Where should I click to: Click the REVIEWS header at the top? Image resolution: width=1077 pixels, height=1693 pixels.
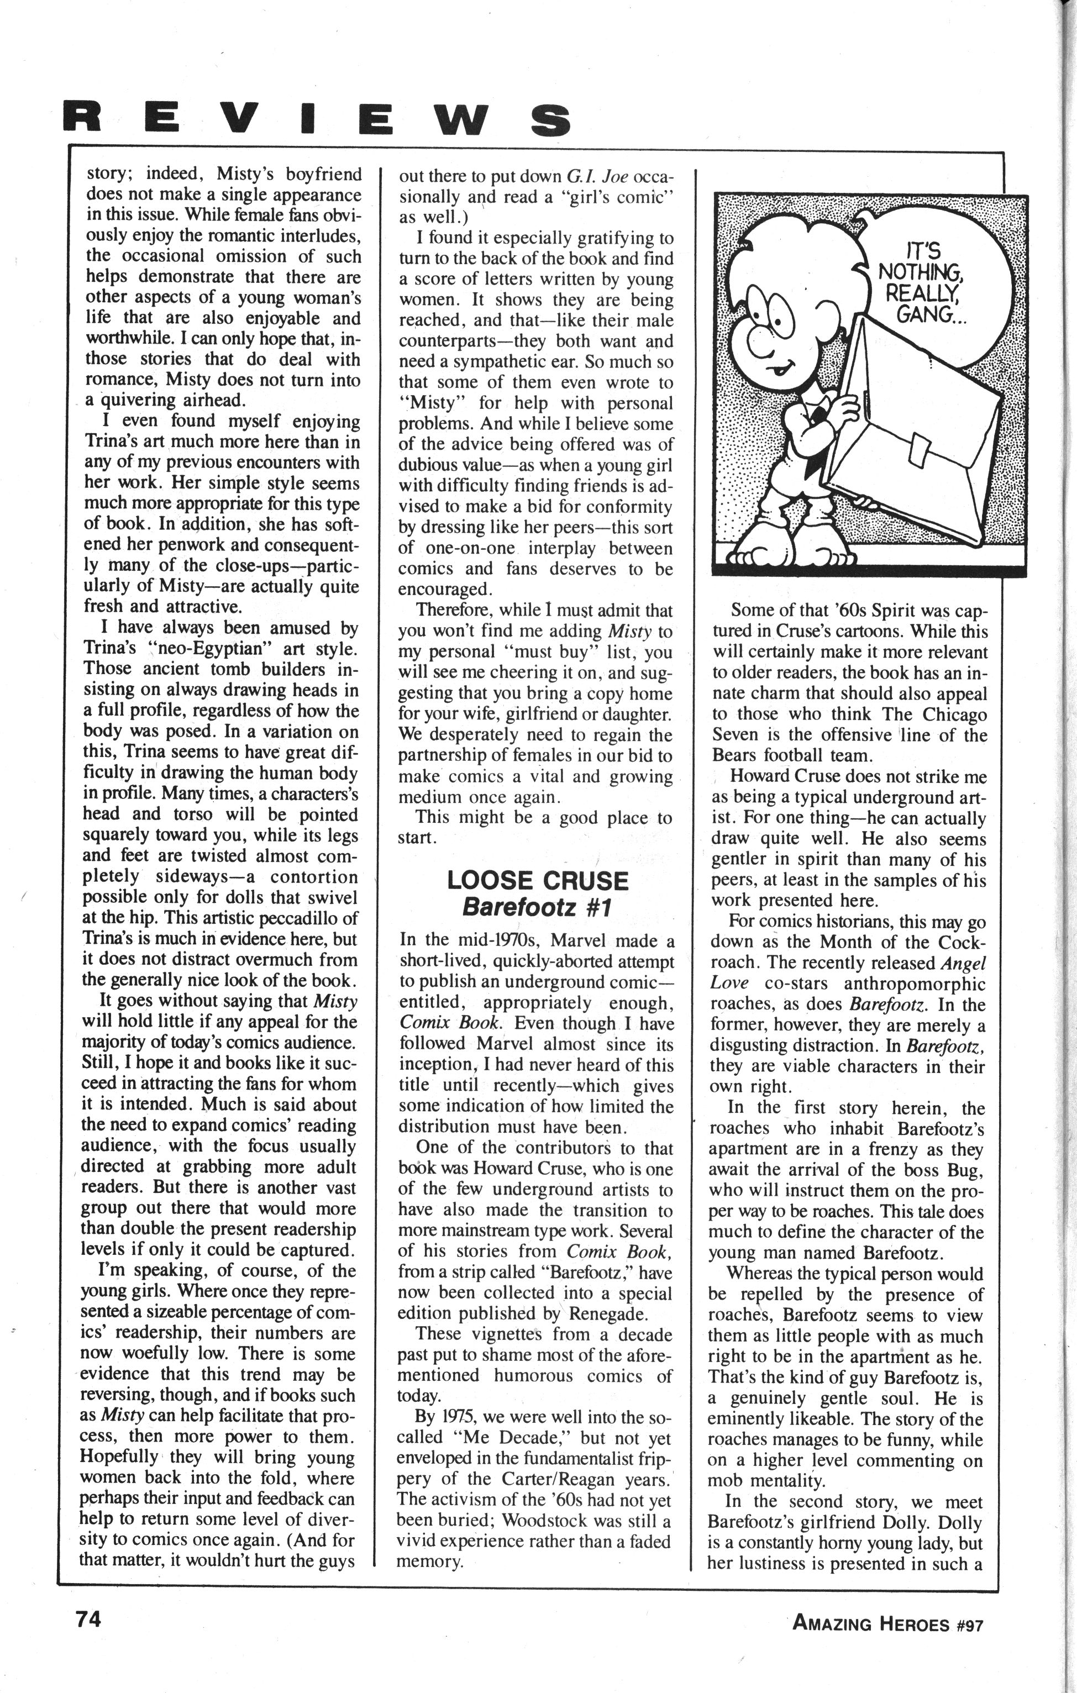[x=316, y=119]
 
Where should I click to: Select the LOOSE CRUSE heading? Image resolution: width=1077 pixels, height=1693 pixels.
[x=537, y=881]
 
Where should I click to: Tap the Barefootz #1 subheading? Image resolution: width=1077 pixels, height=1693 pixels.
[x=537, y=908]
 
